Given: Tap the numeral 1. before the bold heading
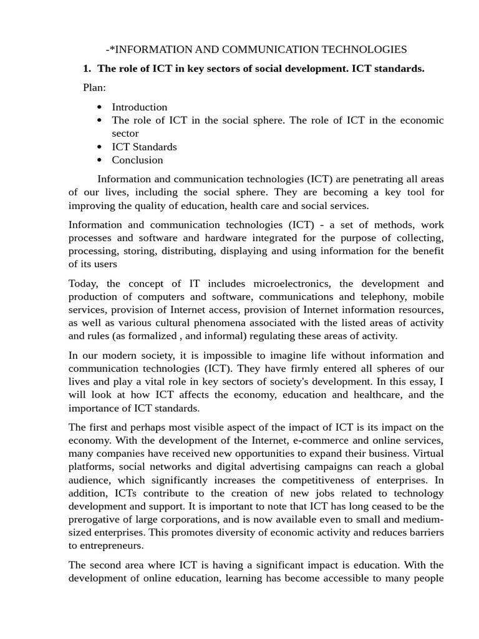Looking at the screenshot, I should tap(87, 69).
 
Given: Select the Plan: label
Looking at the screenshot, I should tap(94, 87).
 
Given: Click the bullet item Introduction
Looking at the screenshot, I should tap(140, 107).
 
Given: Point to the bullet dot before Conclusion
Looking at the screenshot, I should tap(100, 160).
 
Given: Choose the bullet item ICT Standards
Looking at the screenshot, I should tap(144, 147).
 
